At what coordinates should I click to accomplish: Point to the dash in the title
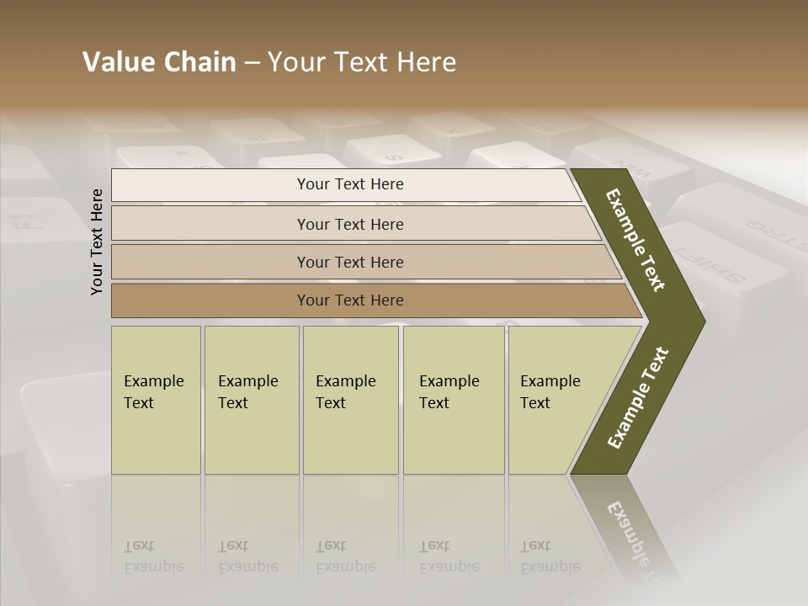252,63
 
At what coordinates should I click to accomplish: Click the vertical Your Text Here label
97,242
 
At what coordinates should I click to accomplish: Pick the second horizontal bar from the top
350,224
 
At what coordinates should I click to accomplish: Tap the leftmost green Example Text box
156,400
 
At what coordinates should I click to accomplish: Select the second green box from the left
252,400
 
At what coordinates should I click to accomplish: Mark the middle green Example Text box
350,400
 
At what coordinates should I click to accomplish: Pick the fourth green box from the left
454,400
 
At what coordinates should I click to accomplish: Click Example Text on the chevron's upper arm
635,240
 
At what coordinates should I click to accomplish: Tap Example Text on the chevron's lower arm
638,398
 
